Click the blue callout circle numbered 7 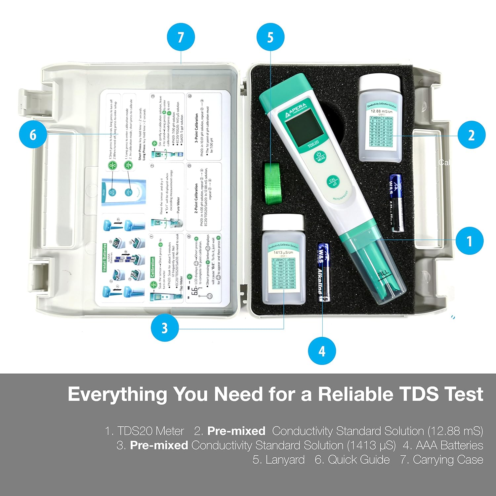pos(181,37)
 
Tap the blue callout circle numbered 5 pos(270,37)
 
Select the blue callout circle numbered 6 pos(33,135)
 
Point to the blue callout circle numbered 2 pos(472,135)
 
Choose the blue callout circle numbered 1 pos(469,241)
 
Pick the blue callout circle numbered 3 pos(165,328)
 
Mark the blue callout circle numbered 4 pos(322,351)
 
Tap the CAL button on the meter pos(333,182)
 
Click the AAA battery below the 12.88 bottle pos(396,203)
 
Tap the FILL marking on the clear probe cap pos(384,275)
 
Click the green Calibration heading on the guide pos(153,267)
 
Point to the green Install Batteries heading pos(104,258)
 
